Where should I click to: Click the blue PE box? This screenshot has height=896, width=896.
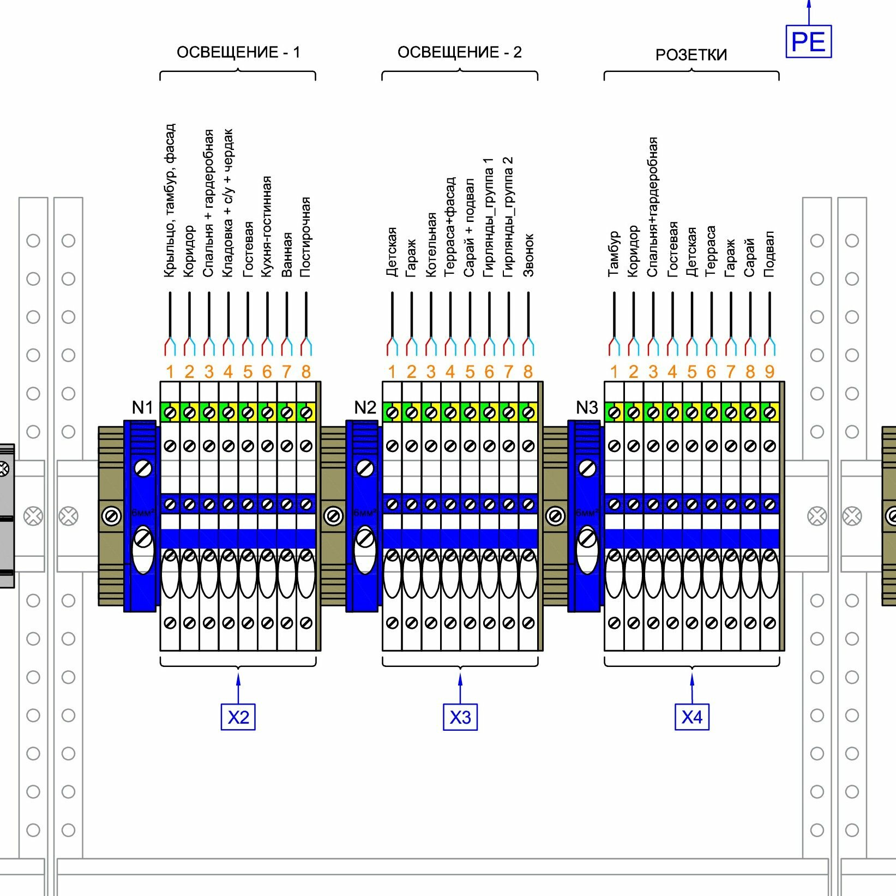808,41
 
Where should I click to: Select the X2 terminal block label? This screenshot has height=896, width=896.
238,717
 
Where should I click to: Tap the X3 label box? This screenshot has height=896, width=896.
460,717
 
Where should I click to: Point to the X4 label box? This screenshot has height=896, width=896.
692,717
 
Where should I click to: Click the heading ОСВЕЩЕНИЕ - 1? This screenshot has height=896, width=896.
238,52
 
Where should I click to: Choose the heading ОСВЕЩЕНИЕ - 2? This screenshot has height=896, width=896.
460,52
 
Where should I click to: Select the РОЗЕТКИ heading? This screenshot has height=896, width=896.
691,55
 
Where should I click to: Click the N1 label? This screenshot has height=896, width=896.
143,407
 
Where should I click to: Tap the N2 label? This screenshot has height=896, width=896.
365,407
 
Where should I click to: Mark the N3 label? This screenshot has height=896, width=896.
587,407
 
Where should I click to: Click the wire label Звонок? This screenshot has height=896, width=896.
528,255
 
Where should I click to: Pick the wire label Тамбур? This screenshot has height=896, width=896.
614,254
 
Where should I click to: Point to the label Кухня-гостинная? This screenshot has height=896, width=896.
266,226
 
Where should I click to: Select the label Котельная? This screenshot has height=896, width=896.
431,245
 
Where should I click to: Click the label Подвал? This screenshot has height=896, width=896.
769,254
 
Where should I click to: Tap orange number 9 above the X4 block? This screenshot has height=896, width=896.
769,372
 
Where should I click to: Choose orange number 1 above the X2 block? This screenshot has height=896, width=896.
170,372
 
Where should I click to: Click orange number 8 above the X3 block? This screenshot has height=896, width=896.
528,372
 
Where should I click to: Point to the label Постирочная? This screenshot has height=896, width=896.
305,237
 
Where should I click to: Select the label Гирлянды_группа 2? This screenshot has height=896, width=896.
508,217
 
